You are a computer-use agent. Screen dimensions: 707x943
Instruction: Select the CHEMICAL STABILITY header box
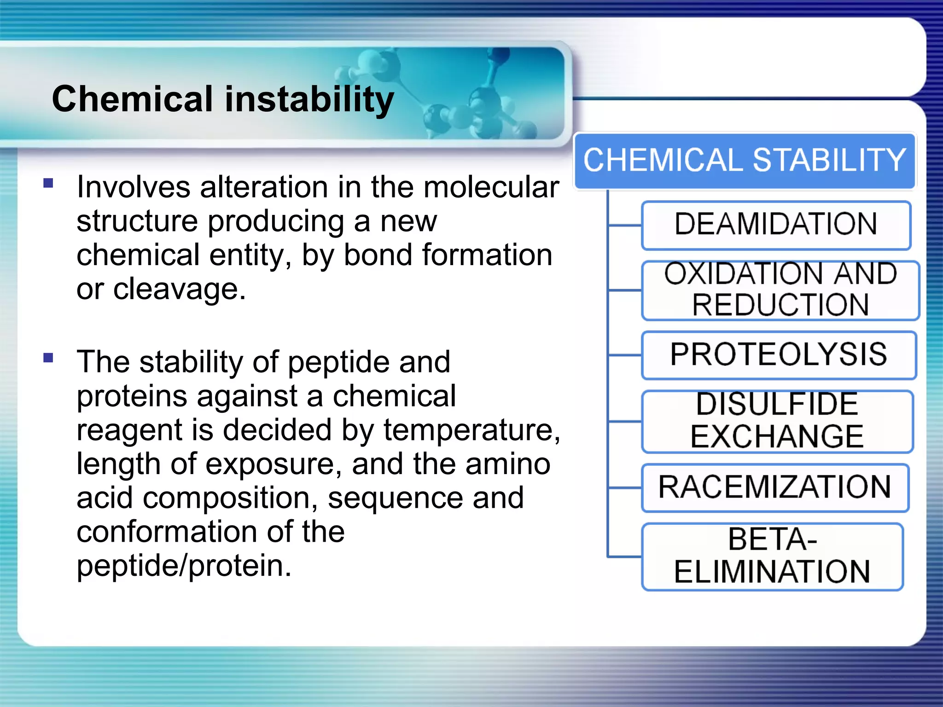(x=745, y=161)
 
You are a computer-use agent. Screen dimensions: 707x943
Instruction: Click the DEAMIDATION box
(x=776, y=225)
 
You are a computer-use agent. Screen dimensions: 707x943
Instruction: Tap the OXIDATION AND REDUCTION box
(x=780, y=290)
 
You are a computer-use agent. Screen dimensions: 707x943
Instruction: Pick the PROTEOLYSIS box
(x=778, y=355)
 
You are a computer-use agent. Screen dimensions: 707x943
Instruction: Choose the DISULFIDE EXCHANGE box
(x=777, y=421)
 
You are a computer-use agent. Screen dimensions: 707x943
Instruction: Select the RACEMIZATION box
(x=775, y=487)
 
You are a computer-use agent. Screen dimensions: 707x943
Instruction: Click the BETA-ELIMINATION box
(x=772, y=556)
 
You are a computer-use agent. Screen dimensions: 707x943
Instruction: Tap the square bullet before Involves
(x=48, y=184)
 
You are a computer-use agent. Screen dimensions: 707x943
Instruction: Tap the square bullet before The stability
(x=48, y=358)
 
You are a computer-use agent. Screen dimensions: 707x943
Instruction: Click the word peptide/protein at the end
(x=184, y=566)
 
